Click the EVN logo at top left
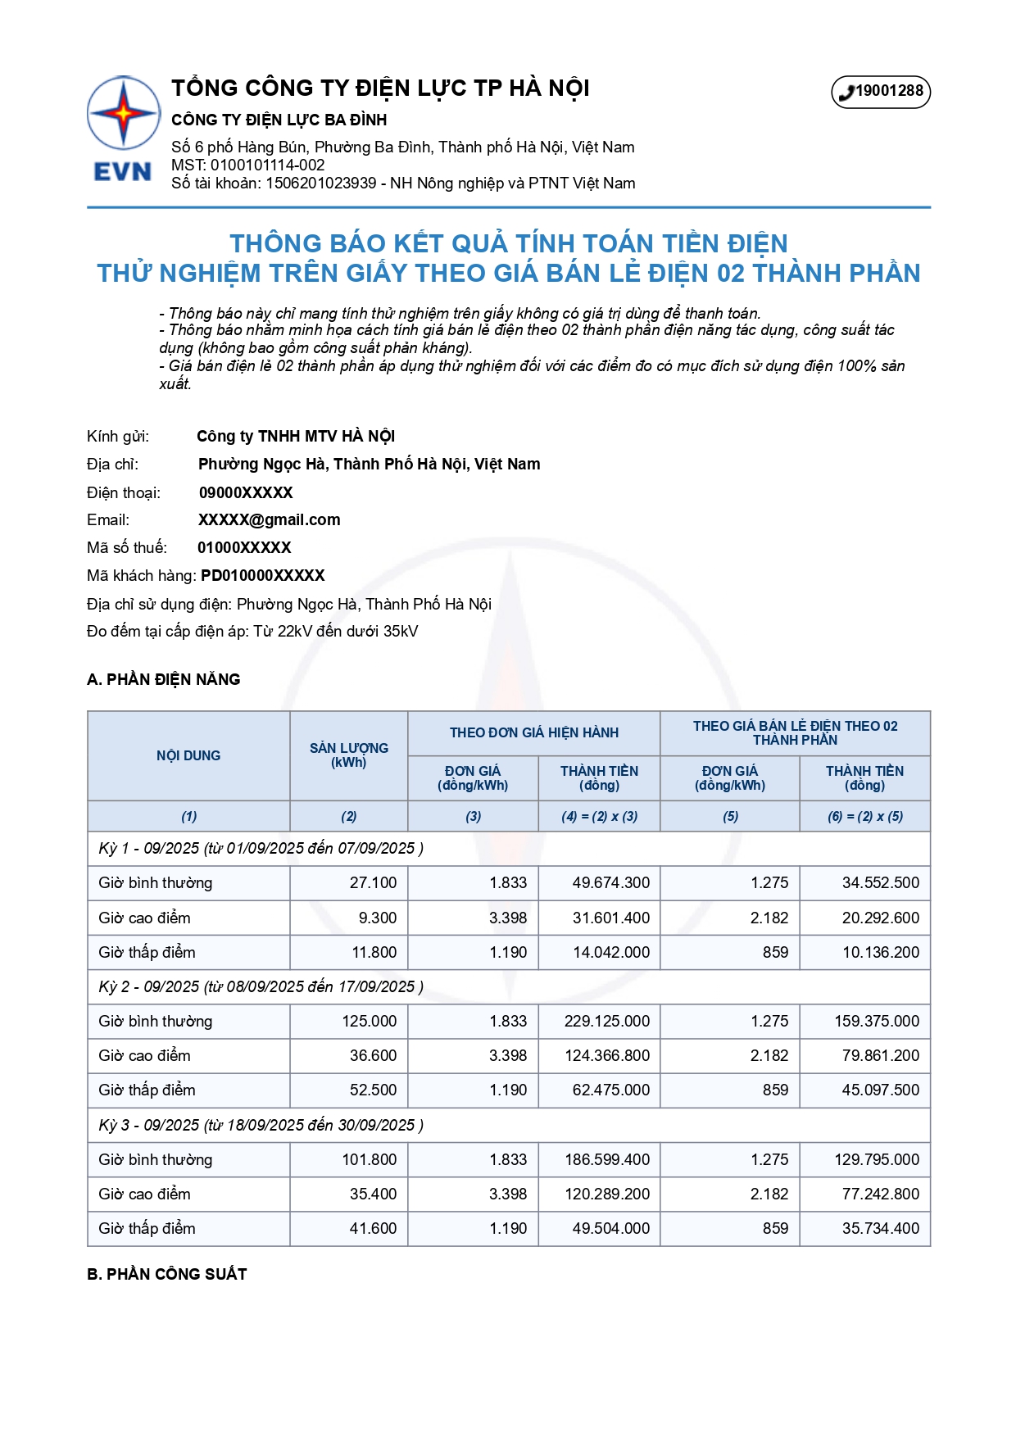coord(123,129)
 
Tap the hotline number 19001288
coord(881,92)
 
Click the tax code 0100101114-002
coord(267,165)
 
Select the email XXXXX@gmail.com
coord(269,519)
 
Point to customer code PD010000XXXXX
coord(262,575)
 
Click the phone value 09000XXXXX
coord(246,492)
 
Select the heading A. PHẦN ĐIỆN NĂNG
coord(164,679)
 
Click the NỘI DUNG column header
coord(188,755)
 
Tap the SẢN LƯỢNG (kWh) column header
coord(348,755)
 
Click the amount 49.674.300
coord(610,882)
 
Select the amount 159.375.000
coord(877,1021)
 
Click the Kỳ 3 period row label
coord(261,1125)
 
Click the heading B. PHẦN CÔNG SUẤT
coord(167,1274)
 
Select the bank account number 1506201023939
coord(320,183)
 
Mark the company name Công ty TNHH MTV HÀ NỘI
coord(296,436)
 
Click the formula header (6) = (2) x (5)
coord(864,816)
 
